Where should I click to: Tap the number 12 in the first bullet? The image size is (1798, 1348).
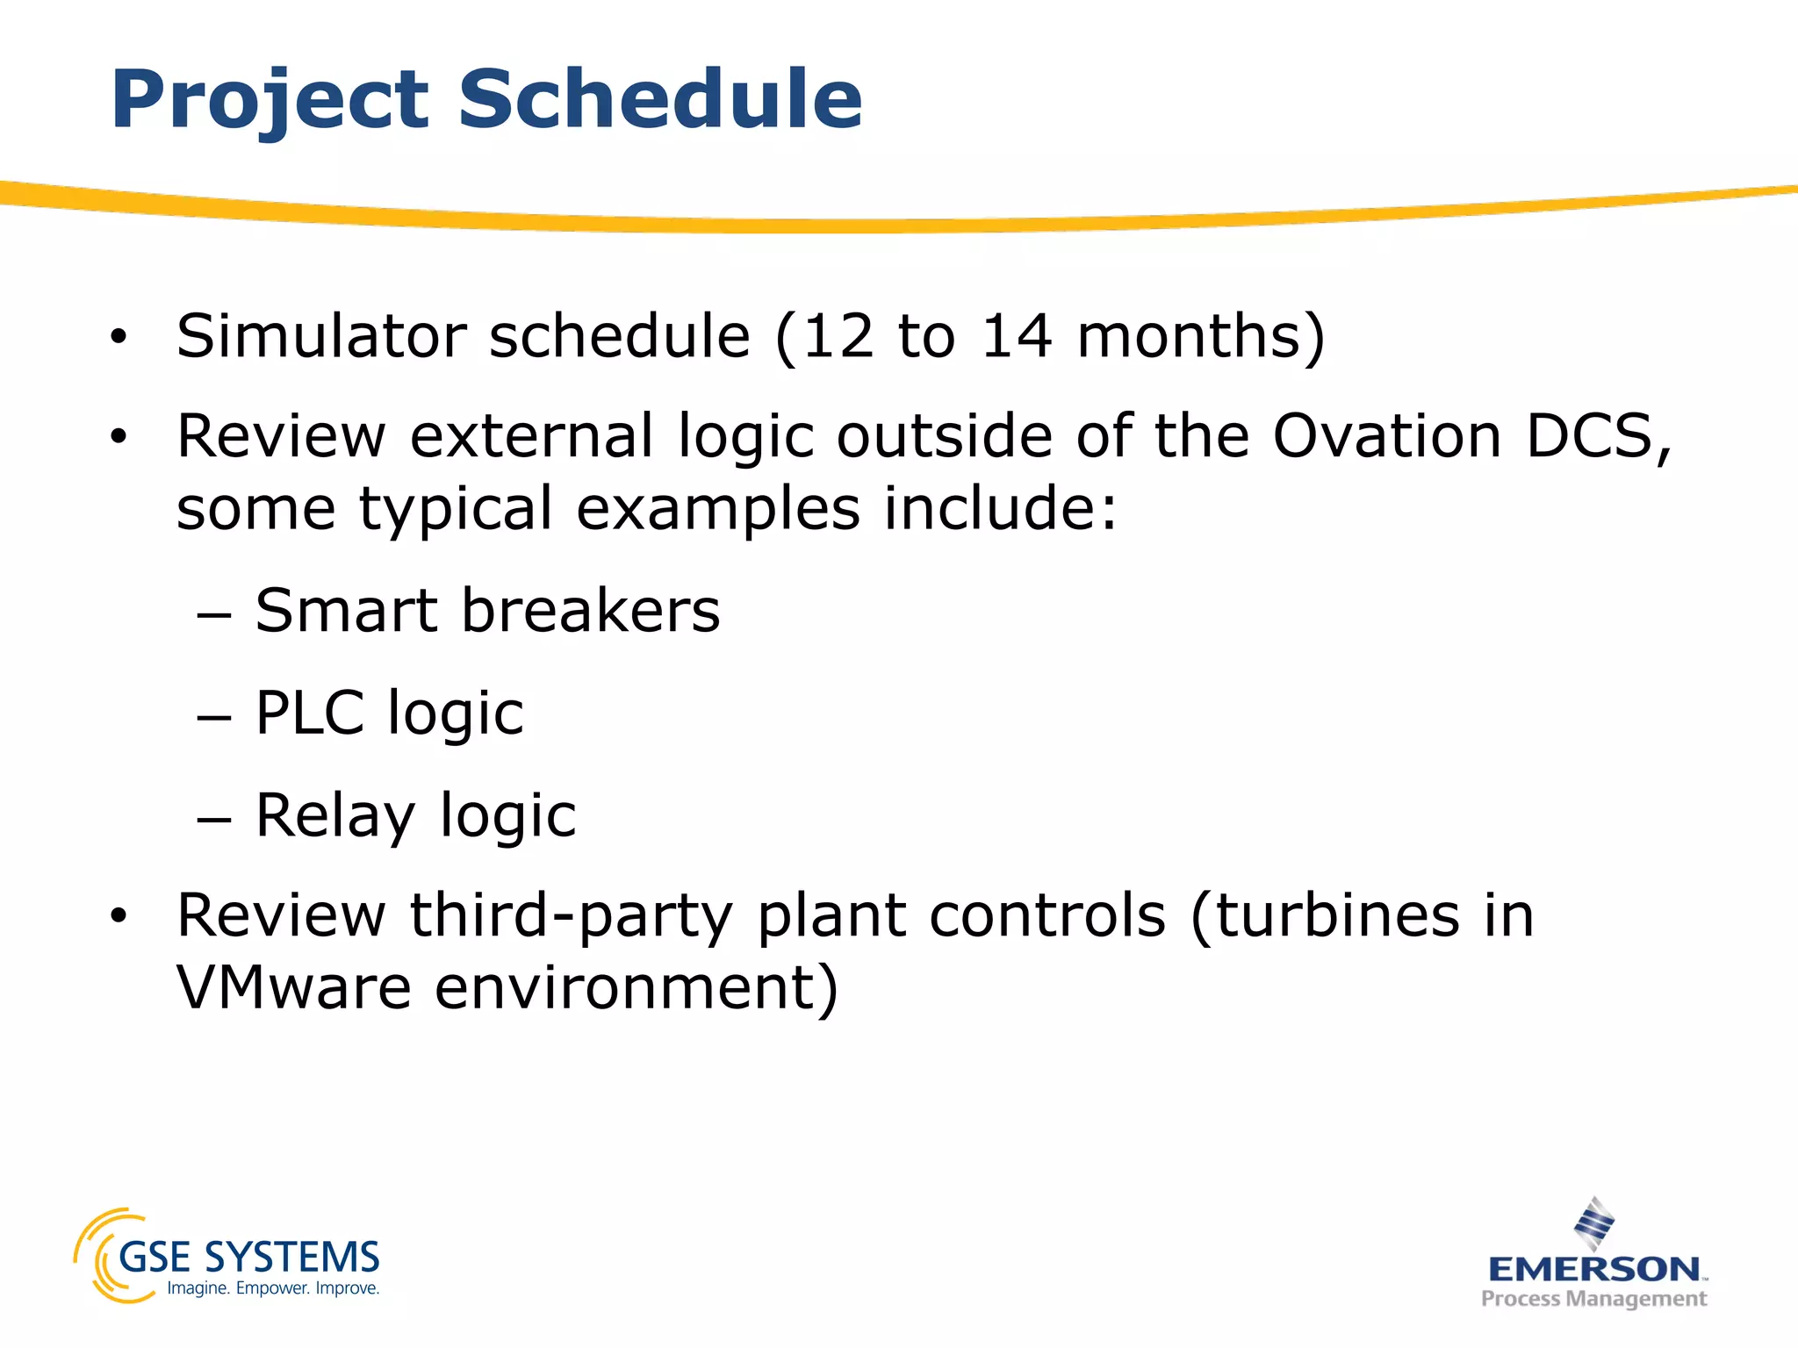pos(838,336)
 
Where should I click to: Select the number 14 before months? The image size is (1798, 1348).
pos(1016,336)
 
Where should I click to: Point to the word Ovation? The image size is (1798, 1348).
pos(1387,436)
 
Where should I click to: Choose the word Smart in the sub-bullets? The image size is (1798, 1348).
pos(346,611)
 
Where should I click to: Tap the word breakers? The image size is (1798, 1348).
pos(590,611)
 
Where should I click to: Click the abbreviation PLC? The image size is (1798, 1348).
pos(309,713)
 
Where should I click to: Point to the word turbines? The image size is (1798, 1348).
pos(1338,915)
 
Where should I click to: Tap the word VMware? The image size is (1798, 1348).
pos(293,988)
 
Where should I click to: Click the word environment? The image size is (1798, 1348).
pos(636,988)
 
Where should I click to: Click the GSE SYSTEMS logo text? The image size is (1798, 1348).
pos(248,1258)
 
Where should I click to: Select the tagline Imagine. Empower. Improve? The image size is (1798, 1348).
pos(273,1289)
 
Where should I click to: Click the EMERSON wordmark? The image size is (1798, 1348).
pos(1594,1268)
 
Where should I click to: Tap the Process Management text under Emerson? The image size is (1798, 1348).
pos(1593,1299)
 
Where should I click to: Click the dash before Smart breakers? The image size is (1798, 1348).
pos(214,615)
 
